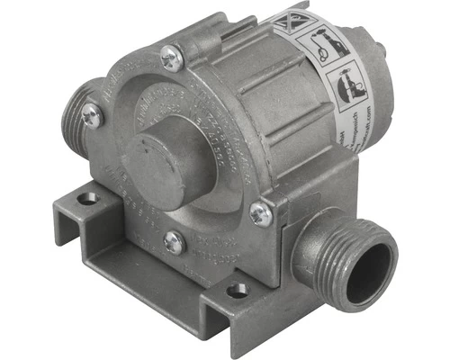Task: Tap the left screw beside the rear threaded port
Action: tap(91, 115)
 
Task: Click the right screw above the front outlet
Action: tap(259, 213)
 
